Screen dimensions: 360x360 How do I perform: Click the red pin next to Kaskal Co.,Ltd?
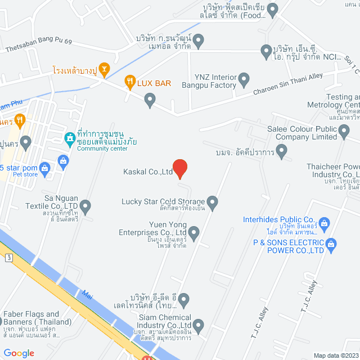coord(179,168)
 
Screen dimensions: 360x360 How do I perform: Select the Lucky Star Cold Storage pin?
coord(212,201)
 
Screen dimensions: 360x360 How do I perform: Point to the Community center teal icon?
coord(70,138)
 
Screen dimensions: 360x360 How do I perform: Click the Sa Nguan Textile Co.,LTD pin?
coord(85,207)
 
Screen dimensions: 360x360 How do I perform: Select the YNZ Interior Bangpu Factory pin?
coord(244,79)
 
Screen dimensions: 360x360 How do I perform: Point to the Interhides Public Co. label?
coord(278,219)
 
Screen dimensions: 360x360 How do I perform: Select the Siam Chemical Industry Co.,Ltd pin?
coord(199,325)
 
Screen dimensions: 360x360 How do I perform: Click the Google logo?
coord(19,353)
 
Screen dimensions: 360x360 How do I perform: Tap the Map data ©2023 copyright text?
coord(335,355)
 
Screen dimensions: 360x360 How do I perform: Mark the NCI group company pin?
coord(267,52)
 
